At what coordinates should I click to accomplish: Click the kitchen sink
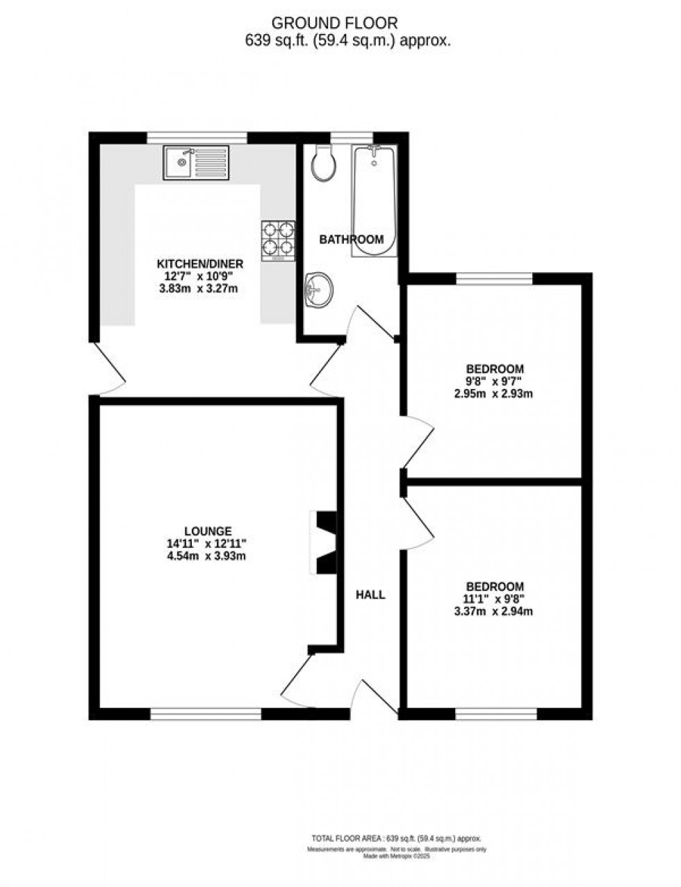195,163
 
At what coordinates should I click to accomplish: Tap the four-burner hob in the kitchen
278,240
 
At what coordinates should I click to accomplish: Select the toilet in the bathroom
323,163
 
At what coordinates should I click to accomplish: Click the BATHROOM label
351,240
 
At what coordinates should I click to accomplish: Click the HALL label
370,595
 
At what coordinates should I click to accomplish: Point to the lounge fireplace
324,543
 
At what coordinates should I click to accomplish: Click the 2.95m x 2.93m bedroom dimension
495,393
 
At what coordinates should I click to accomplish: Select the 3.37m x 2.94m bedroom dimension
495,611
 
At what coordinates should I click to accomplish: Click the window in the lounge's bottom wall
206,713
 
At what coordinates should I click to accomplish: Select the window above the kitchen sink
197,137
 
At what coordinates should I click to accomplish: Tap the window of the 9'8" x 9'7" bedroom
494,278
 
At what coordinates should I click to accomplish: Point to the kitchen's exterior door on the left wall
110,368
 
